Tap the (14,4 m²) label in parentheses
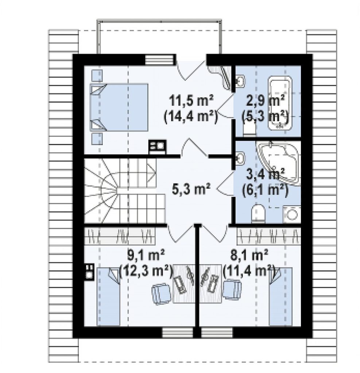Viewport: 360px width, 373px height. pyautogui.click(x=191, y=117)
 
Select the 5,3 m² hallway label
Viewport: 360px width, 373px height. pyautogui.click(x=191, y=189)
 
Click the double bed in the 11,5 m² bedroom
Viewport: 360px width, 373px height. pyautogui.click(x=119, y=107)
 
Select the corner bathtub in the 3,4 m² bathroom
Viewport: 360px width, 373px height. pyautogui.click(x=278, y=163)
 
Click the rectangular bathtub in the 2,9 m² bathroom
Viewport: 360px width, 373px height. pyautogui.click(x=280, y=103)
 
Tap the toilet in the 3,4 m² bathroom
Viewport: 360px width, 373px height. pyautogui.click(x=258, y=213)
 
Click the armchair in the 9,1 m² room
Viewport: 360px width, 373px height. pyautogui.click(x=162, y=294)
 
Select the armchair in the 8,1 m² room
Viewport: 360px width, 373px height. pyautogui.click(x=232, y=289)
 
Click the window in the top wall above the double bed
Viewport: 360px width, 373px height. pyautogui.click(x=159, y=59)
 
